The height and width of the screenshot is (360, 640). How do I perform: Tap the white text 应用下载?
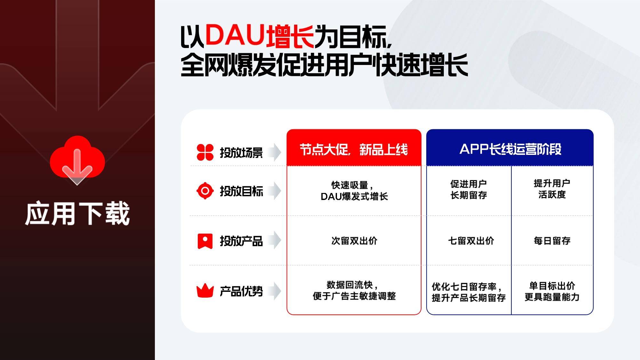(x=77, y=213)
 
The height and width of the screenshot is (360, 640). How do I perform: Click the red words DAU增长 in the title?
(x=260, y=36)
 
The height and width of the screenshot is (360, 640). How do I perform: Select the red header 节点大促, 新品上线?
(x=354, y=149)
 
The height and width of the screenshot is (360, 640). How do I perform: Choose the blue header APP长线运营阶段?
(x=510, y=149)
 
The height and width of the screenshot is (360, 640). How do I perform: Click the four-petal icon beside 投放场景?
(x=205, y=152)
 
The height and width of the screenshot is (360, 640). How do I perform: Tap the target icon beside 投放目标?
(x=205, y=191)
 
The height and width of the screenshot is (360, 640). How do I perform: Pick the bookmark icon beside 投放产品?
(x=205, y=241)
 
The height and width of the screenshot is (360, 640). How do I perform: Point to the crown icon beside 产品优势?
(x=205, y=291)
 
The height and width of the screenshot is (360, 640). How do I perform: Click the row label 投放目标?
(x=241, y=191)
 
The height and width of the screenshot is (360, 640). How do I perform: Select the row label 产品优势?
(x=241, y=291)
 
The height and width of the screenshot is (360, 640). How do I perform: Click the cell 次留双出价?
(x=354, y=241)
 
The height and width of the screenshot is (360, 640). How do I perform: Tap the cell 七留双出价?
(x=471, y=241)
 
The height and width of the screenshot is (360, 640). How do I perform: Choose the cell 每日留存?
(x=552, y=241)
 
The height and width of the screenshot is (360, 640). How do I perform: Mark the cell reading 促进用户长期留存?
(x=468, y=189)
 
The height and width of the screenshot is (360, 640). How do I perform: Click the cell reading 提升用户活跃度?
(x=552, y=189)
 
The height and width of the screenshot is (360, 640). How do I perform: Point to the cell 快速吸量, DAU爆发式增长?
(x=354, y=191)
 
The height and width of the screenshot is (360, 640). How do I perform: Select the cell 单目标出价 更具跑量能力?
(x=552, y=291)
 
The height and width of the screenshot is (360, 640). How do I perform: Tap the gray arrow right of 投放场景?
(x=275, y=152)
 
